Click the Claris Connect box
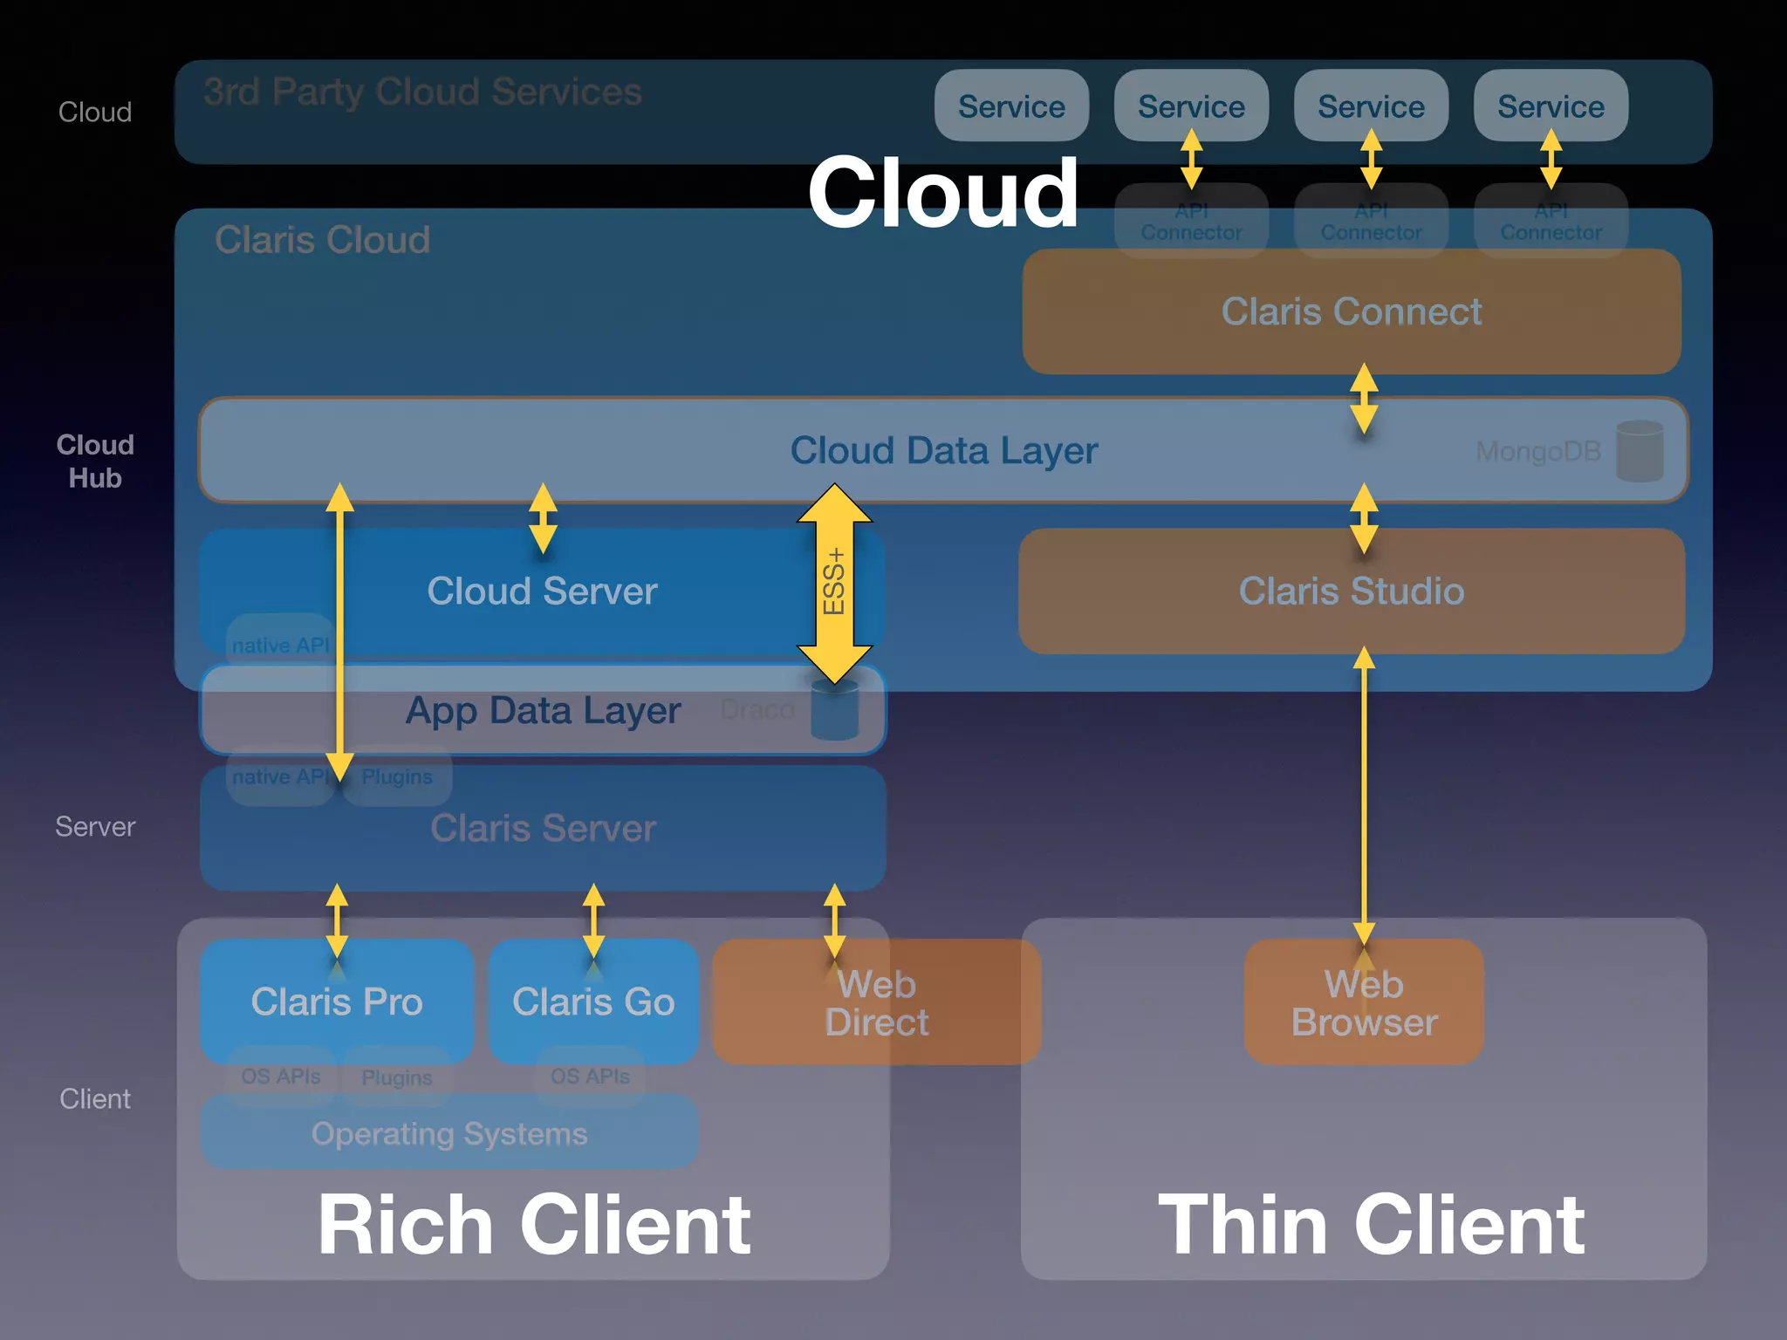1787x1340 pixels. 1351,311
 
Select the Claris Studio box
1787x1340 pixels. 1351,591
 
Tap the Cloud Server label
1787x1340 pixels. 542,591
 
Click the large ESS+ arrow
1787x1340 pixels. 834,583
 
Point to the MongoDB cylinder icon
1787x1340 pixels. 1639,451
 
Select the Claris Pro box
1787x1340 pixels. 337,1002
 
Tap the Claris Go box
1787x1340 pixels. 593,1002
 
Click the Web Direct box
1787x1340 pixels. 876,1003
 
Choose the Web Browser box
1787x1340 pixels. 1364,1003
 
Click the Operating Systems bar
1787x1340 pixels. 449,1134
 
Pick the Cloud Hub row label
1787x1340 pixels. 95,461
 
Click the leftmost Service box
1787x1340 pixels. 1011,106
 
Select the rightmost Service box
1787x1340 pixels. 1551,106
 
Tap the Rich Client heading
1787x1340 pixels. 533,1225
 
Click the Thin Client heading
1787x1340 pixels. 1371,1225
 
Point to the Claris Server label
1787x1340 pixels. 543,829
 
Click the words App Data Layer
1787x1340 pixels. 543,711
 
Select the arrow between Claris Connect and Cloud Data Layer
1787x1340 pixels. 1364,399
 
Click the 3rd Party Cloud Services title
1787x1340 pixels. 422,92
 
